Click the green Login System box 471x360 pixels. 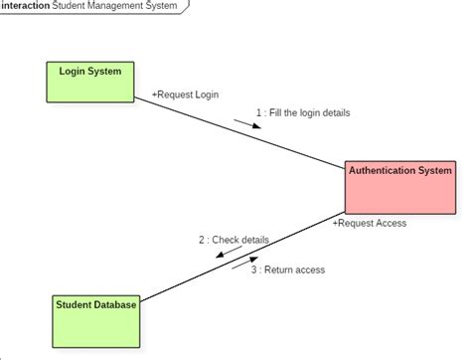(90, 82)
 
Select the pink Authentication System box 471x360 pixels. (399, 186)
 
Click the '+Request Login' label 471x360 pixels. (185, 94)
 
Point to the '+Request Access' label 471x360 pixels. (369, 224)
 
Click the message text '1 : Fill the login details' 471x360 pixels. (302, 112)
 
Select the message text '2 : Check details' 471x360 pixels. (234, 240)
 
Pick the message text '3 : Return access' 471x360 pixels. (287, 270)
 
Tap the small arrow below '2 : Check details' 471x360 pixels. (233, 255)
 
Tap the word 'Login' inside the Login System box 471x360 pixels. (74, 71)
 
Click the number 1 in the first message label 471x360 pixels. (258, 112)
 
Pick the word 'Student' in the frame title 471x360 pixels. (71, 6)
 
